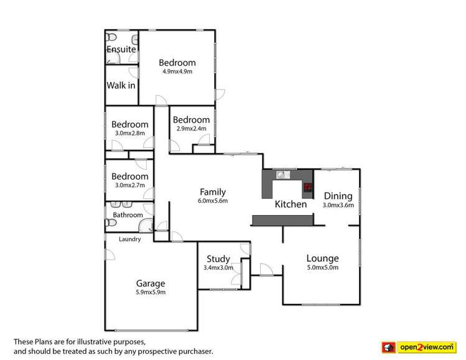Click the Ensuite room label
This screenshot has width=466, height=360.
(121, 49)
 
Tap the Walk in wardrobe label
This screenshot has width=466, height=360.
(121, 85)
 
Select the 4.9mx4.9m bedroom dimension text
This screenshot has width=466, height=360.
(177, 72)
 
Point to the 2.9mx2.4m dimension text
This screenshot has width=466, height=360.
(191, 129)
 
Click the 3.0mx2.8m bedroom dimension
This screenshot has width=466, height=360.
(129, 133)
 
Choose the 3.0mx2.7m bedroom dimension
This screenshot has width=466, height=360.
(129, 185)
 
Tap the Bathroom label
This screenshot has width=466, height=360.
(128, 215)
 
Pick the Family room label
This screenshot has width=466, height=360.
(212, 192)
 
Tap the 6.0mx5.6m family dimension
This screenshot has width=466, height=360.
(212, 201)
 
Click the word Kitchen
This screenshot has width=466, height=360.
(291, 204)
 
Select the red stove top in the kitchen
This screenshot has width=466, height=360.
(307, 186)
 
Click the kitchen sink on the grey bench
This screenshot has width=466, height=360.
(281, 175)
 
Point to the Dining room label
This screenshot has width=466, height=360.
(338, 195)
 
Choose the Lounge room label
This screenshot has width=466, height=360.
(322, 259)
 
